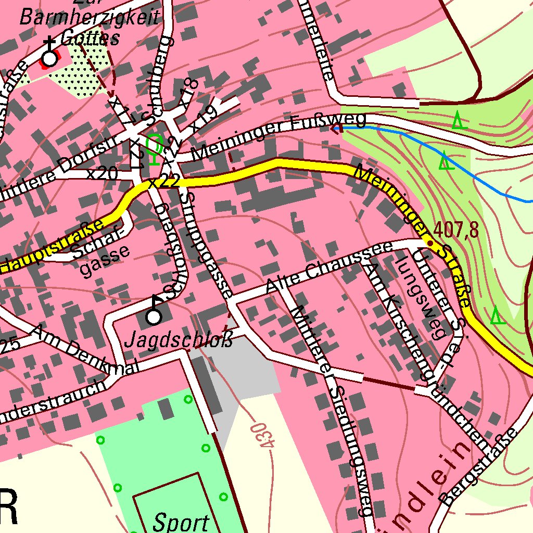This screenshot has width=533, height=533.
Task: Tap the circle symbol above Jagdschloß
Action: tap(154, 316)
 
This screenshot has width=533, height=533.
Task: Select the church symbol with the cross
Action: tap(49, 58)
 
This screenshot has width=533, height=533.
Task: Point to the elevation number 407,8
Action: tap(455, 229)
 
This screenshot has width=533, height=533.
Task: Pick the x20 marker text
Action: tap(102, 173)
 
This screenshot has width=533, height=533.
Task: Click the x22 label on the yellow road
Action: tap(164, 182)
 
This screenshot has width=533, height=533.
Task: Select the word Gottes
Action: tap(90, 38)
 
